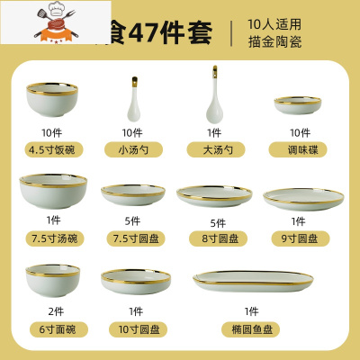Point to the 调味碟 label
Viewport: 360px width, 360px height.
click(297, 150)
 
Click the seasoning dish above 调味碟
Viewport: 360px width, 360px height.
click(296, 107)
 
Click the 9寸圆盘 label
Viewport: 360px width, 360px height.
click(297, 238)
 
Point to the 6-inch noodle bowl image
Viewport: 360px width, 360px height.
click(46, 281)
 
